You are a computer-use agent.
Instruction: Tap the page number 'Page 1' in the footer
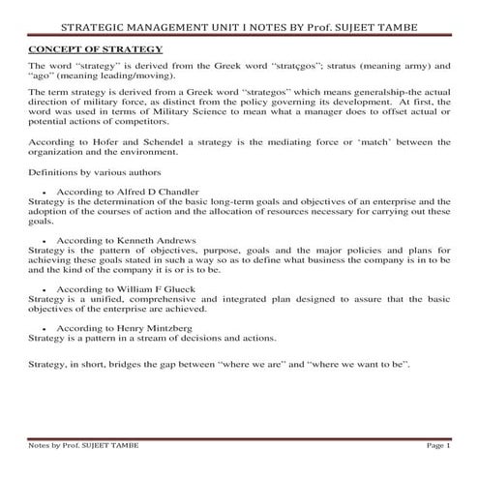(437, 445)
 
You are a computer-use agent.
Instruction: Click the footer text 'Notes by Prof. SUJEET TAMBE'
(84, 445)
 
